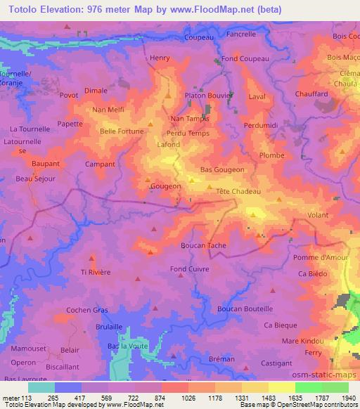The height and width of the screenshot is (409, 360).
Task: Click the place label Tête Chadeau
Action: [x=235, y=192]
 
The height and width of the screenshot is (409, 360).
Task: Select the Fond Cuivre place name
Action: [x=189, y=269]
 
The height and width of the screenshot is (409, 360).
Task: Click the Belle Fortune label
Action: [x=122, y=131]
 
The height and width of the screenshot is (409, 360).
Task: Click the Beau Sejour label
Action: [x=35, y=179]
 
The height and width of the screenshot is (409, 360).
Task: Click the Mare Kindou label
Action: [x=300, y=341]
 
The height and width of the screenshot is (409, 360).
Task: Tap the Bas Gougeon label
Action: [x=222, y=170]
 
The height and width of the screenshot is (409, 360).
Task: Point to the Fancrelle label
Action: [x=240, y=34]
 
